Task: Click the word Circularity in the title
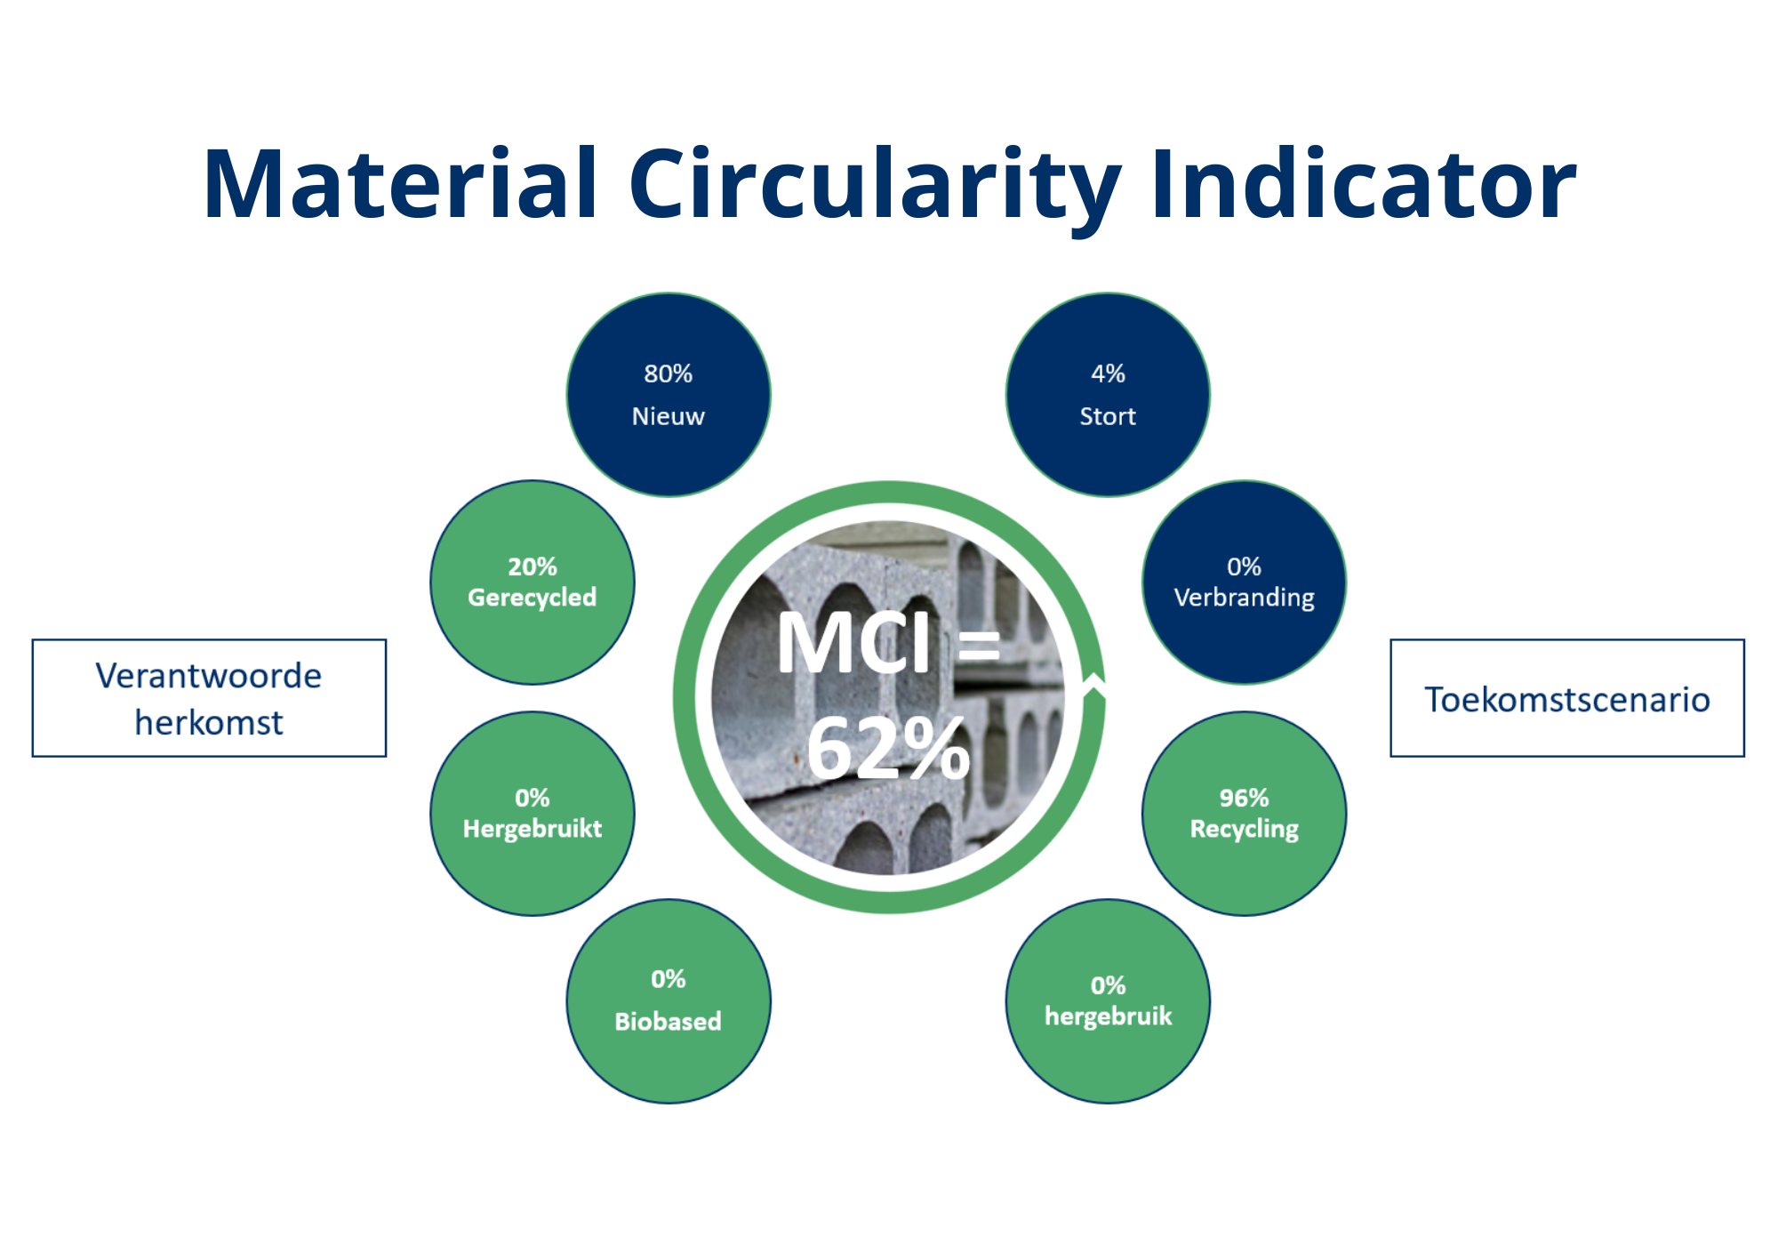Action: coord(875,189)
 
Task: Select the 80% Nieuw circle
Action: coord(669,395)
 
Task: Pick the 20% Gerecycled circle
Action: coord(533,582)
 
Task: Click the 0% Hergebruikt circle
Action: coord(533,814)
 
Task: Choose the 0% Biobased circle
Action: coord(669,1001)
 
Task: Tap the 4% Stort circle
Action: coord(1108,395)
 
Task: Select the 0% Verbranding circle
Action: coord(1245,582)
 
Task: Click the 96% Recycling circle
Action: coord(1245,814)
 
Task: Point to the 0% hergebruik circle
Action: coord(1108,1001)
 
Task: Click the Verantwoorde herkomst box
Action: coord(209,698)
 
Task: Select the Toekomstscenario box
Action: coord(1567,698)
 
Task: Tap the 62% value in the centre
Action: coord(887,749)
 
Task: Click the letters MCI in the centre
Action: coord(854,641)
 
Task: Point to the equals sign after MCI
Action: coord(979,645)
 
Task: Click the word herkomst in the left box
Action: coord(209,722)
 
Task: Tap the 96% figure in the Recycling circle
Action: coord(1245,798)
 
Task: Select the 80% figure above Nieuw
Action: coord(669,373)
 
